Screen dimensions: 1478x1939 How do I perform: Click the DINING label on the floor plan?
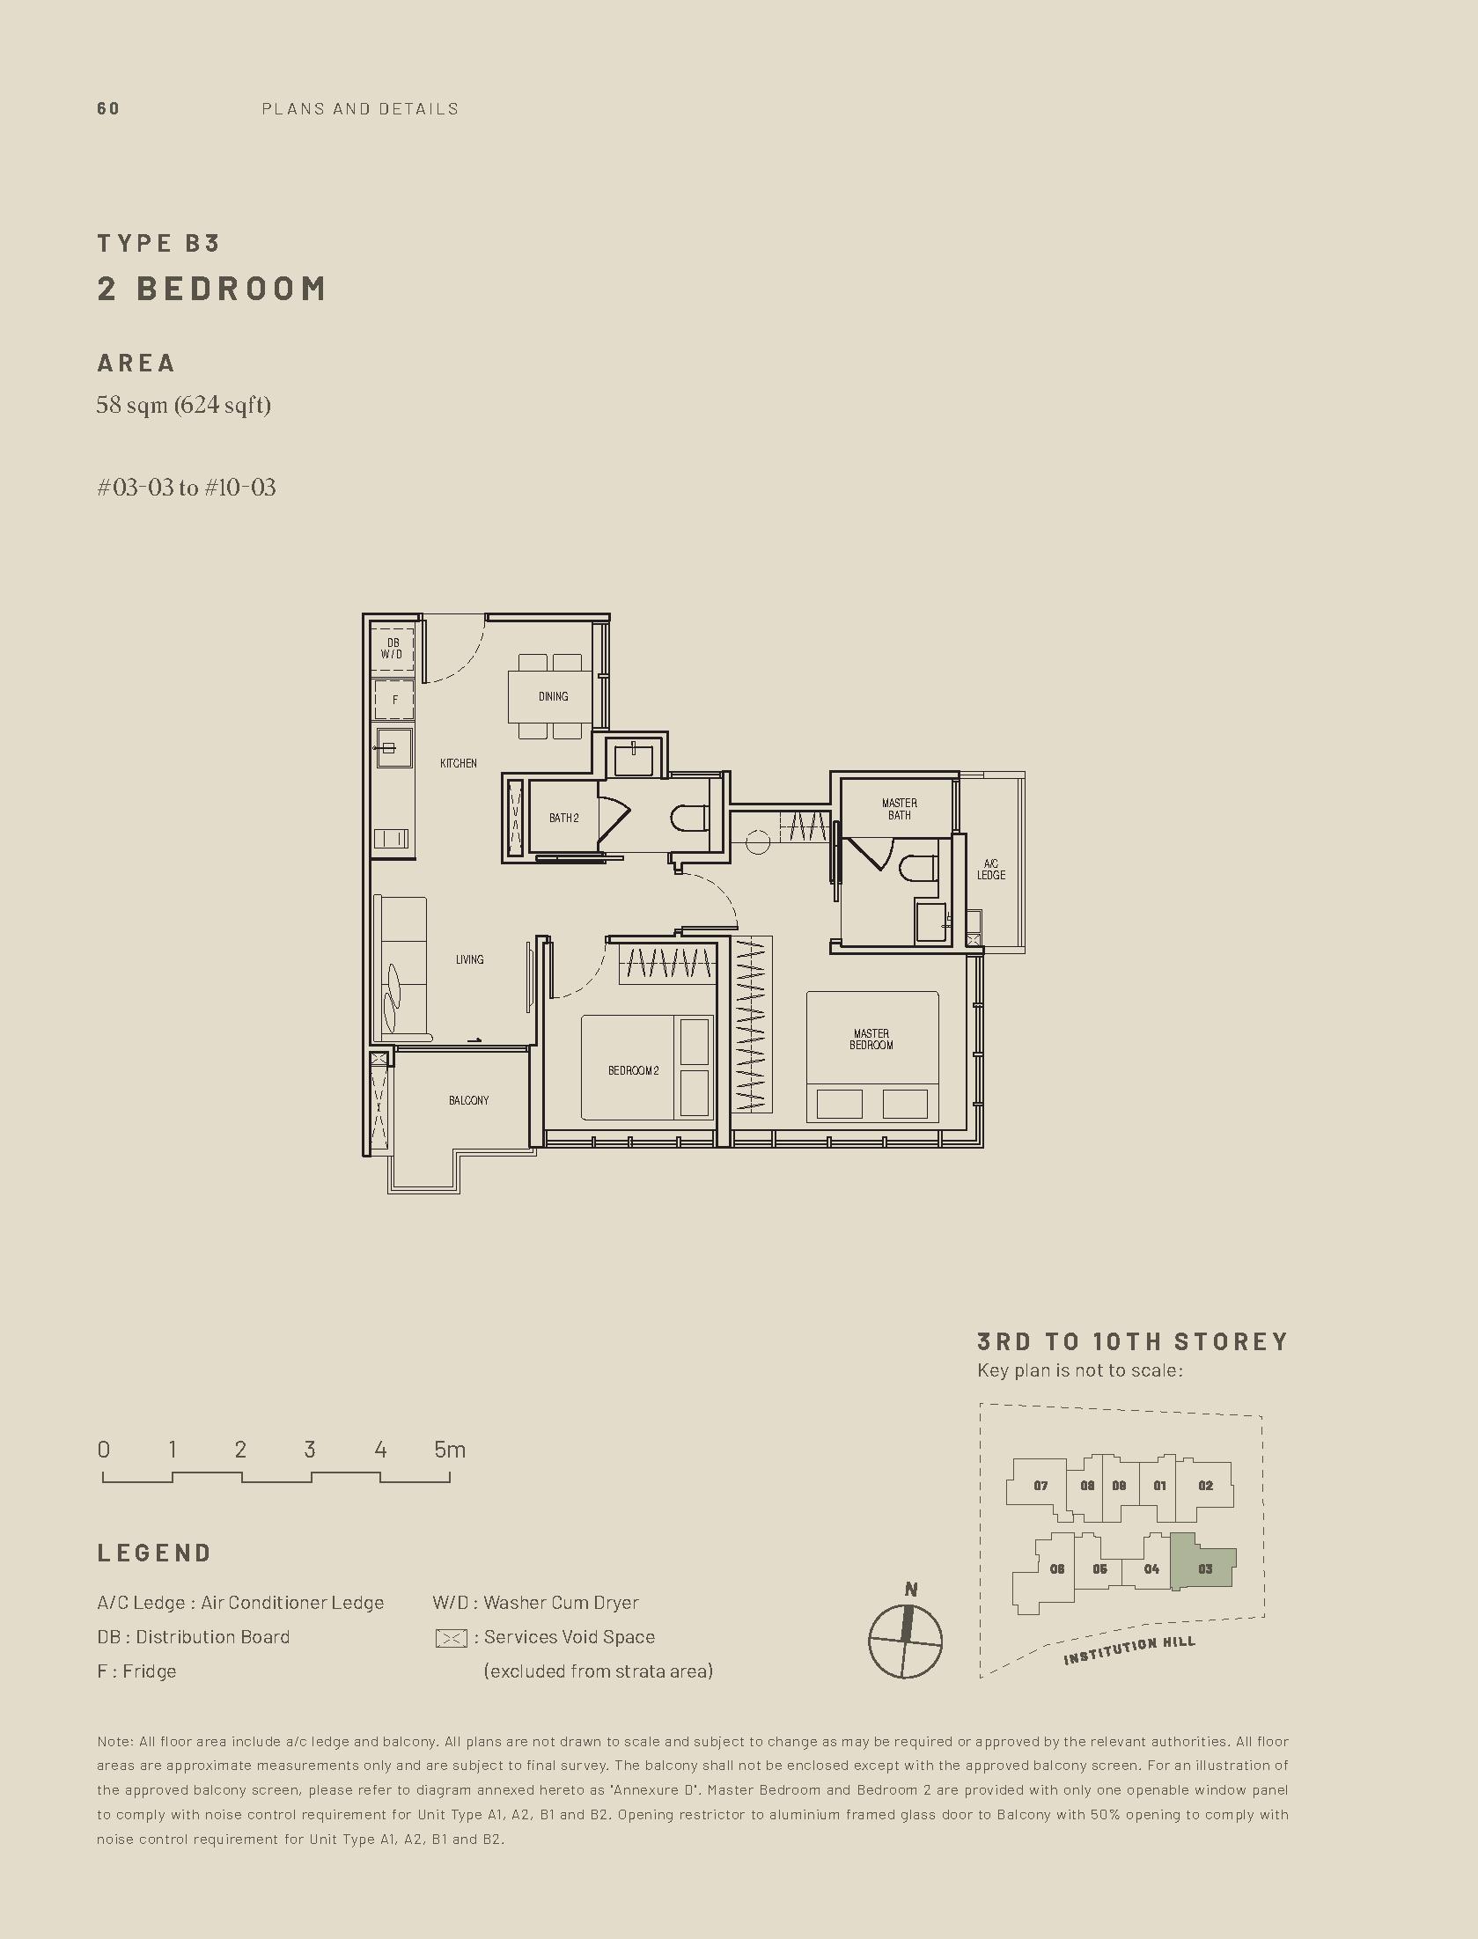pos(553,696)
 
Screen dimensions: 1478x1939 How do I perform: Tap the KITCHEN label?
pos(459,763)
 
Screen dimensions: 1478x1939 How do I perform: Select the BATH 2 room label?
pos(564,818)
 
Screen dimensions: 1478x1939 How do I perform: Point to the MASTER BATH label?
pos(900,809)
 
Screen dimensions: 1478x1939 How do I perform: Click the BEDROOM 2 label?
pos(634,1070)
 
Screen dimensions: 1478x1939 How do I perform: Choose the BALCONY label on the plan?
pos(468,1100)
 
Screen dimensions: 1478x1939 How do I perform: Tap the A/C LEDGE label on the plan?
pos(991,870)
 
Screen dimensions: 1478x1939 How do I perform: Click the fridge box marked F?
pos(394,700)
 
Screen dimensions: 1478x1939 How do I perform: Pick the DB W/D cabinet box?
pos(393,649)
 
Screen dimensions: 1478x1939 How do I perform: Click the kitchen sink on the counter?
pos(394,749)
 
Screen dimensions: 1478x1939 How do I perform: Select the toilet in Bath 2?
pos(689,819)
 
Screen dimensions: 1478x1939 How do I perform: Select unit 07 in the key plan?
pos(1040,1486)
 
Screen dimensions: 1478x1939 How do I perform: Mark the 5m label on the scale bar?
pos(450,1450)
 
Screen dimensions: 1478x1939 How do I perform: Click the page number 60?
pos(108,109)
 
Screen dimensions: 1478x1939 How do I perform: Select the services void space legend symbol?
pos(451,1639)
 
